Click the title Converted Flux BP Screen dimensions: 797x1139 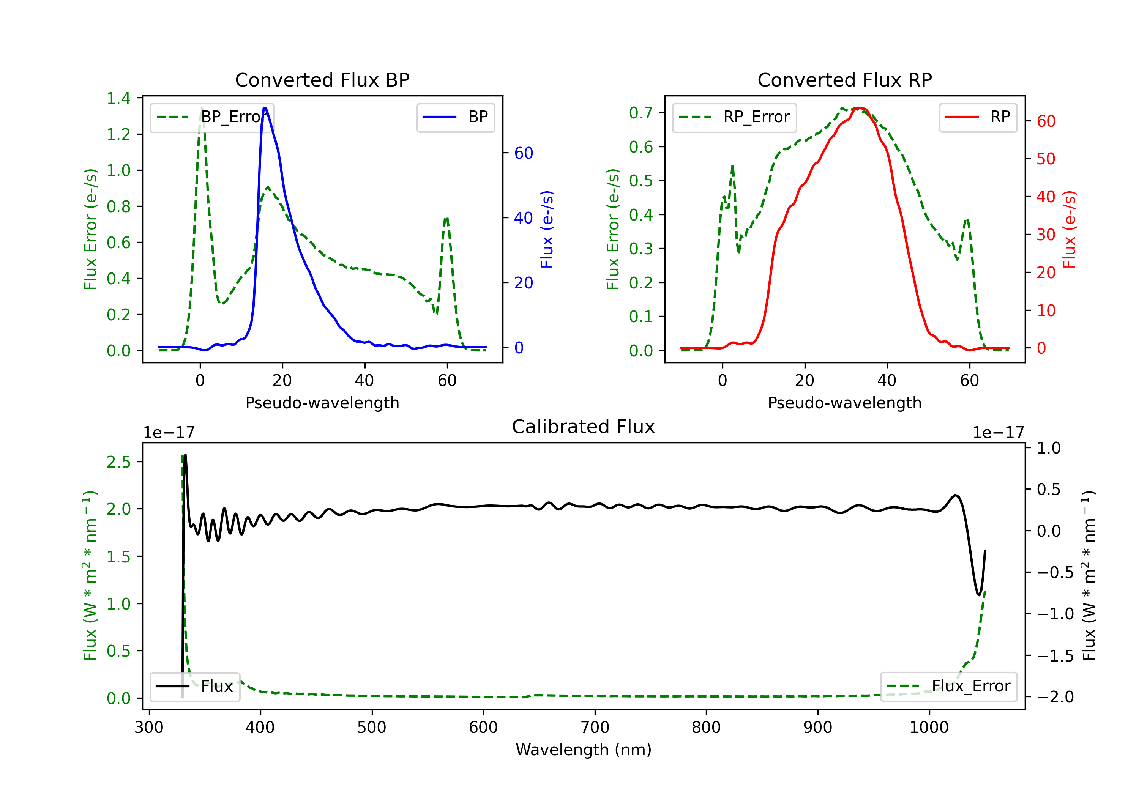(x=322, y=80)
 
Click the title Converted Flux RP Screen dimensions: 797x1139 (x=844, y=80)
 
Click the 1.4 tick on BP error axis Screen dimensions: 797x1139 (x=118, y=98)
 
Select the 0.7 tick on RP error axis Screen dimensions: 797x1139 (x=641, y=113)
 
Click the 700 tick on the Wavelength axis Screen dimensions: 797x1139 (x=595, y=728)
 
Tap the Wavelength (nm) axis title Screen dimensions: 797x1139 (x=584, y=750)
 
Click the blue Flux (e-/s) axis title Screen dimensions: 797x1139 (x=547, y=229)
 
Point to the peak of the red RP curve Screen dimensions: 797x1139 (x=860, y=108)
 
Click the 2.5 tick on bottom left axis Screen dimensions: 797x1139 (x=118, y=462)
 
